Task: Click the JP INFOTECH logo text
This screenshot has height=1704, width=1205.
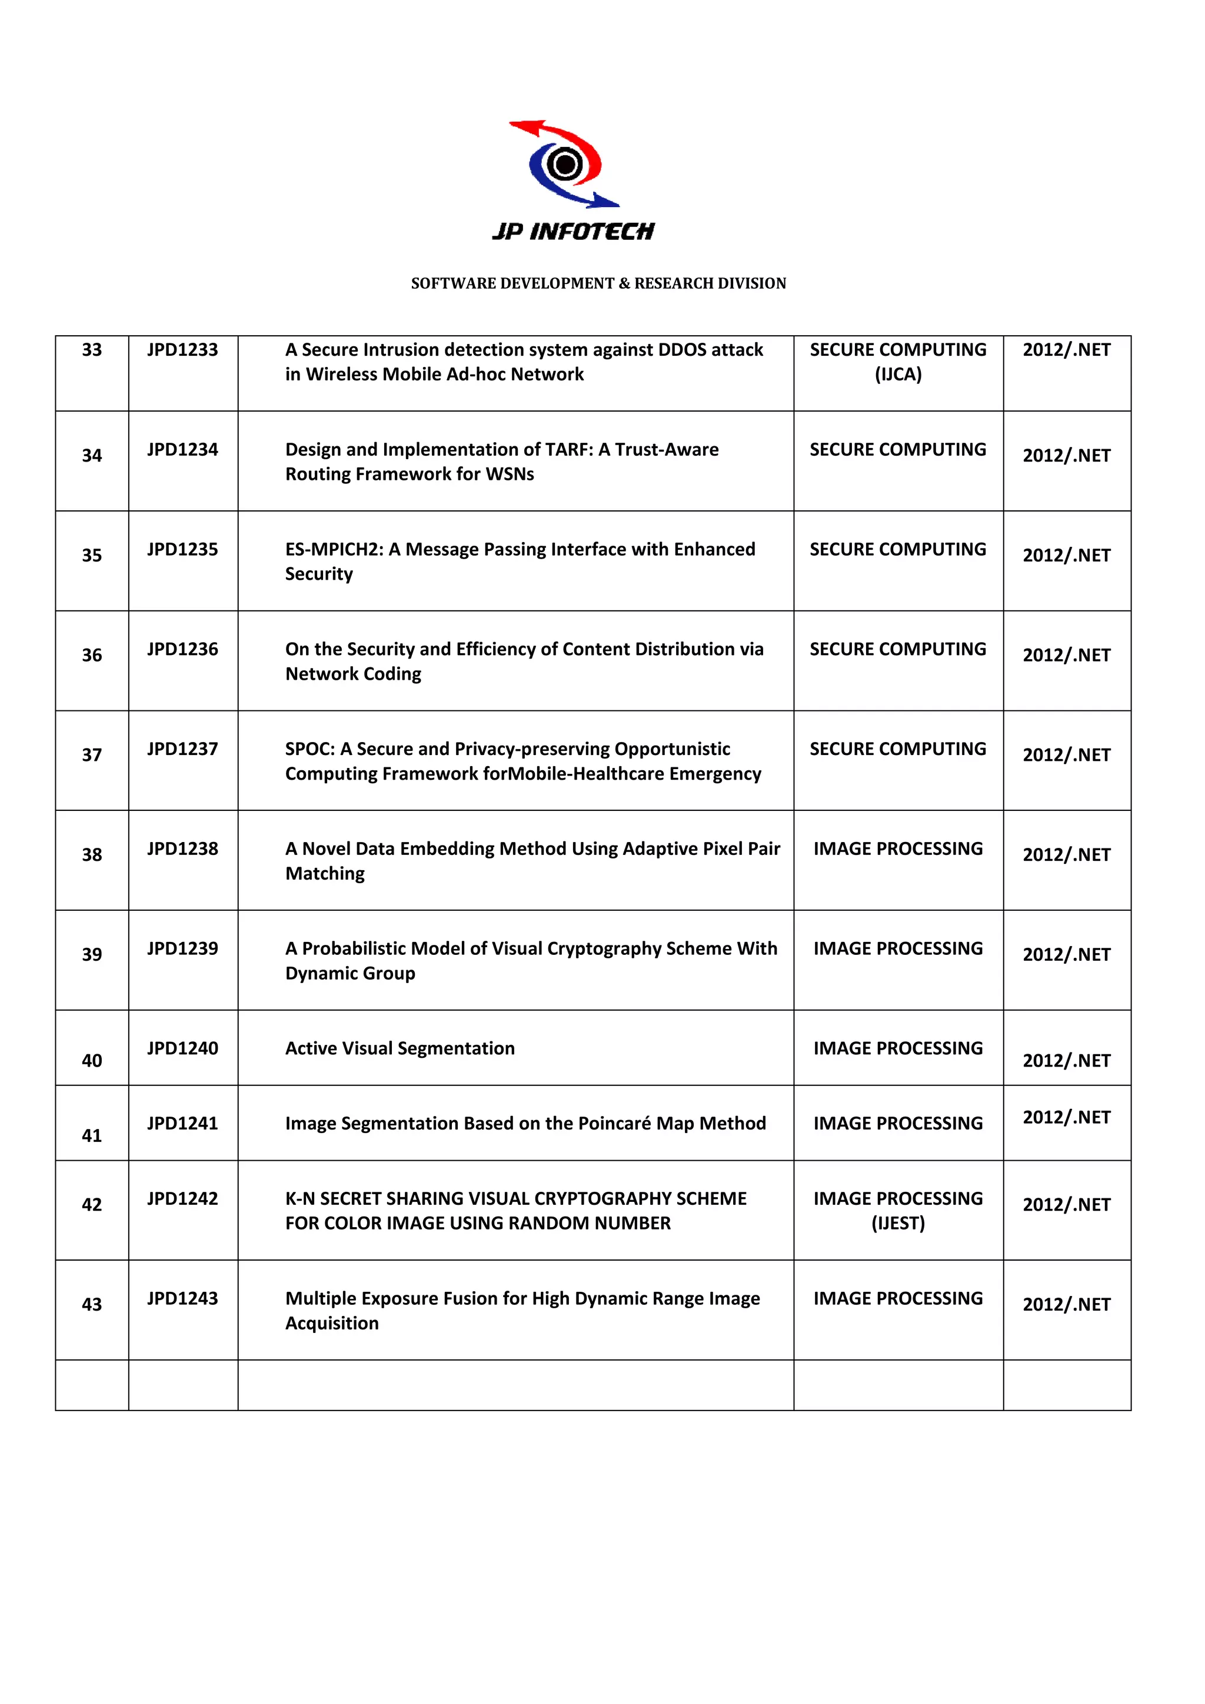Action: tap(573, 232)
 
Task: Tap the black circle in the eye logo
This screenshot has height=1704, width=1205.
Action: tap(565, 164)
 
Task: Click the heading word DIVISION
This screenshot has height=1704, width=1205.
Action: tap(751, 283)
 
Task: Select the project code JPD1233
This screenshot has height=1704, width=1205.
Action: tap(182, 349)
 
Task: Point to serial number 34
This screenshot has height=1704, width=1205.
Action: tap(92, 456)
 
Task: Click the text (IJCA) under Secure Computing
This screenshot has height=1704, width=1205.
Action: tap(898, 374)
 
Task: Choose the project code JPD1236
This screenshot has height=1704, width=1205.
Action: tap(182, 649)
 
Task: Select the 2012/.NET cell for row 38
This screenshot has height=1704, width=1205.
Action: tap(1066, 855)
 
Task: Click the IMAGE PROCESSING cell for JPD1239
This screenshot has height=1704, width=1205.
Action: tap(898, 948)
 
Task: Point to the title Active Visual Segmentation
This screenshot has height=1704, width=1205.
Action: tap(400, 1048)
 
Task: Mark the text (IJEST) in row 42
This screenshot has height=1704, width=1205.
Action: tap(898, 1223)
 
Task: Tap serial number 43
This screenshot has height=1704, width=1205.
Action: tap(92, 1305)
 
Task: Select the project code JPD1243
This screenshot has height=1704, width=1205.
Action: tap(182, 1299)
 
